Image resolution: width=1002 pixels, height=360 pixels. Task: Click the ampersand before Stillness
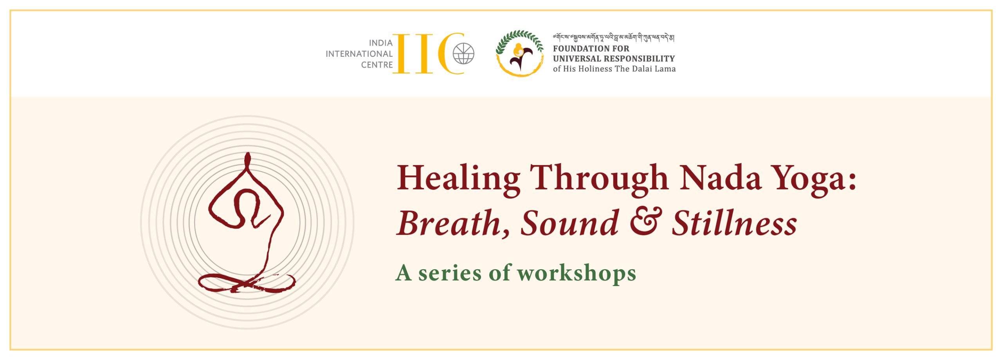pos(646,222)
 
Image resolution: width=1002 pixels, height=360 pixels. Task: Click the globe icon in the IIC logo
pos(463,54)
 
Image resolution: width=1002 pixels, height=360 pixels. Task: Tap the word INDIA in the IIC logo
pos(380,43)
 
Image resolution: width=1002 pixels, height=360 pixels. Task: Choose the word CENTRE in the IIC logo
pos(377,65)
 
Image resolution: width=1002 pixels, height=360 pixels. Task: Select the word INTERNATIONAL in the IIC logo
pos(359,54)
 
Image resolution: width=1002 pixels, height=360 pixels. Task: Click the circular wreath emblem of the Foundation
pos(520,54)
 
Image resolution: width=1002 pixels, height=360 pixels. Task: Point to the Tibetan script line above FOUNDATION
pos(613,38)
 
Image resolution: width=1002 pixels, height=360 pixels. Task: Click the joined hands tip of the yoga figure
pos(247,154)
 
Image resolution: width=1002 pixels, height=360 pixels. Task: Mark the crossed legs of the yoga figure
pos(247,283)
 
